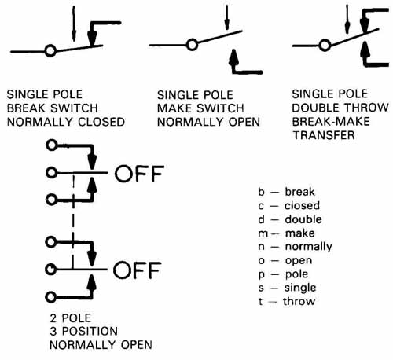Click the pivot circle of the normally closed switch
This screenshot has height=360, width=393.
(50, 50)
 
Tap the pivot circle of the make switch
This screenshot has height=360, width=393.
(193, 45)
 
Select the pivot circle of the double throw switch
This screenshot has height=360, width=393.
(325, 45)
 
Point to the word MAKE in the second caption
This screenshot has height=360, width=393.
(174, 108)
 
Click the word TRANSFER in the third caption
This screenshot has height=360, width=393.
(324, 135)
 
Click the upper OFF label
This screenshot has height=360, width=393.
(139, 174)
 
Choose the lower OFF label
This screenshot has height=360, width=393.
(137, 270)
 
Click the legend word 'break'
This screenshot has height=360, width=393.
(299, 192)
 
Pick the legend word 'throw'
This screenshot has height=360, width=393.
(299, 301)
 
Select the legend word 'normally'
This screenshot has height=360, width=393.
(309, 247)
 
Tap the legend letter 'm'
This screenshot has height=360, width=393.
(263, 233)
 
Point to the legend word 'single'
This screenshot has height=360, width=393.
(300, 288)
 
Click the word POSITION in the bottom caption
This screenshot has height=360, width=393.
(90, 332)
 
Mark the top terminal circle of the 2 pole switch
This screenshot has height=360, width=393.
(52, 145)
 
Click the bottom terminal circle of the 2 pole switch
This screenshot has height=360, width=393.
(50, 297)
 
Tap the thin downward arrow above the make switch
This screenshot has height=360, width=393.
(227, 17)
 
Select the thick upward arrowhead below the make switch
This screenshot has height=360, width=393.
(233, 57)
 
